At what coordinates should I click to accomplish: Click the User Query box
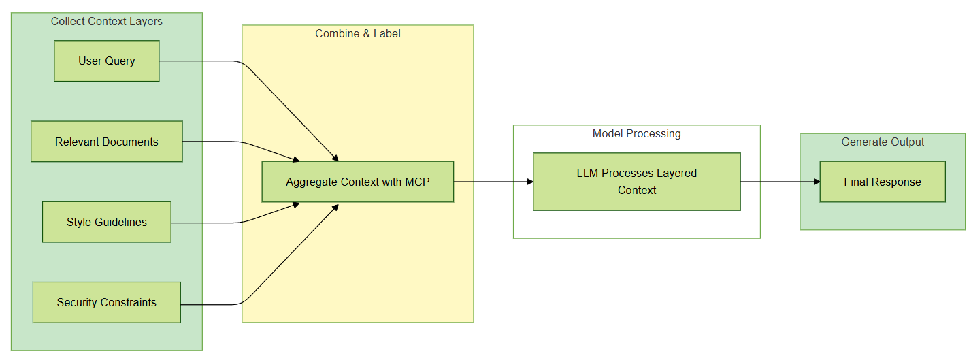106,61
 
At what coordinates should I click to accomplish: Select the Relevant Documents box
106,142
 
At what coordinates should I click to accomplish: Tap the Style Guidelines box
106,222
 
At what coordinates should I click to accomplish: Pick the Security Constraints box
106,302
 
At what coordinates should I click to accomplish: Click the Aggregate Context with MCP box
357,182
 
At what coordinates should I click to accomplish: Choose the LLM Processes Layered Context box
636,182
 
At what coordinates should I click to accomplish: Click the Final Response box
882,182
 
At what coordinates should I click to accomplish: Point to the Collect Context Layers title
107,22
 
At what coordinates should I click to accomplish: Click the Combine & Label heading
357,34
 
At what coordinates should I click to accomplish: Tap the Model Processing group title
636,134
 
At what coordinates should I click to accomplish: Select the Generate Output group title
883,142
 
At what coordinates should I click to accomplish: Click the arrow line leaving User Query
204,61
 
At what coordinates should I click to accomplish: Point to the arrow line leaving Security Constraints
211,304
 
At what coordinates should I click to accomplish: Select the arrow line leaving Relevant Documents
211,142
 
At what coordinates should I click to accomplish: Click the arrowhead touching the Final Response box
816,182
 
